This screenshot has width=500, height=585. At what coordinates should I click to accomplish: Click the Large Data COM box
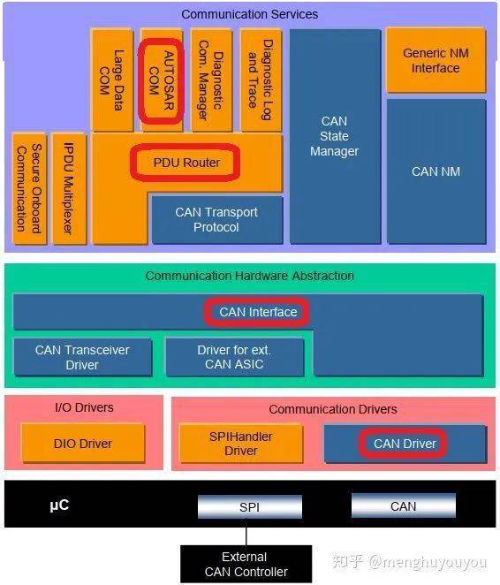[111, 80]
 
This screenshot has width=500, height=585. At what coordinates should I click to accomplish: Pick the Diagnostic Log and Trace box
[261, 80]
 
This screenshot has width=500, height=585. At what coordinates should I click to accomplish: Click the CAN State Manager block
[335, 136]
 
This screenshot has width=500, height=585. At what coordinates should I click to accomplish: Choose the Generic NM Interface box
[436, 60]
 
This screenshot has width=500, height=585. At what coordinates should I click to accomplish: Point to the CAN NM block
[436, 171]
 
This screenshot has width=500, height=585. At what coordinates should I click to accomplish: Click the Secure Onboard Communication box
[28, 188]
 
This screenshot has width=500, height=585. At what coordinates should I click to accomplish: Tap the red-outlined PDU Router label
[186, 163]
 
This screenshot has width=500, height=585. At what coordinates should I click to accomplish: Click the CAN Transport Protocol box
[216, 220]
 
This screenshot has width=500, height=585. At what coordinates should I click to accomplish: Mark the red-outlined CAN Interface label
[258, 312]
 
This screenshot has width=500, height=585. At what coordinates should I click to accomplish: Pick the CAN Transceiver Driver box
[82, 357]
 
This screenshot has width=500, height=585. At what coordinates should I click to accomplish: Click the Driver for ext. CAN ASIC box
[234, 357]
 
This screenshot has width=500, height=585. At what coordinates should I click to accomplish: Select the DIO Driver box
[83, 444]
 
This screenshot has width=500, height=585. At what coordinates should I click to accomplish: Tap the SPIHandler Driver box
[239, 444]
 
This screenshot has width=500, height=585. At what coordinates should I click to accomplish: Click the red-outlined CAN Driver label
[405, 444]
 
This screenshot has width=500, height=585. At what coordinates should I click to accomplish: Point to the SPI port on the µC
[249, 507]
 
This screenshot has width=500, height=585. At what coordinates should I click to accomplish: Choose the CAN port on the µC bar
[404, 506]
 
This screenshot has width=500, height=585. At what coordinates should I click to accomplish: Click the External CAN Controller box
[246, 565]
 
